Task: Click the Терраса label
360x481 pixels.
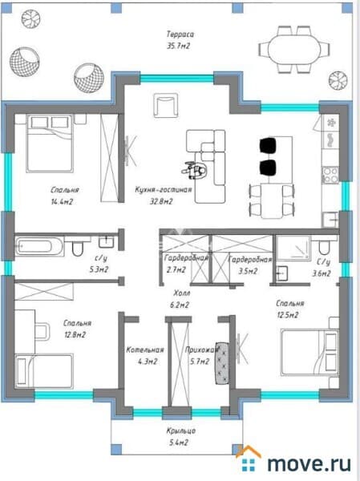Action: point(180,34)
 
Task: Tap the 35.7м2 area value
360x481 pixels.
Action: point(178,46)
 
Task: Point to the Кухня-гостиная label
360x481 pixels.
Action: point(164,190)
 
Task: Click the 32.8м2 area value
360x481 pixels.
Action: point(161,201)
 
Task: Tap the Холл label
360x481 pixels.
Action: point(182,293)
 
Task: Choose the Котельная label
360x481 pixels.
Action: point(145,350)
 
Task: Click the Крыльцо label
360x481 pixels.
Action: point(181,431)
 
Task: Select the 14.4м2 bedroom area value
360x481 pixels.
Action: point(63,201)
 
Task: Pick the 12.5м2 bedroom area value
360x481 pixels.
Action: point(287,315)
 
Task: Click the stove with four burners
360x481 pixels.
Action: point(330,175)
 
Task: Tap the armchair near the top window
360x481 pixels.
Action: point(166,106)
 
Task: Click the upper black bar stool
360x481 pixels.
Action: point(268,145)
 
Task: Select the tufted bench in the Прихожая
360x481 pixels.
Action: point(222,363)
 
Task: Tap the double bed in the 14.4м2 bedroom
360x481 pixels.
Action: point(50,143)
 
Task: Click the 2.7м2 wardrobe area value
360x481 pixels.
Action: point(176,270)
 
